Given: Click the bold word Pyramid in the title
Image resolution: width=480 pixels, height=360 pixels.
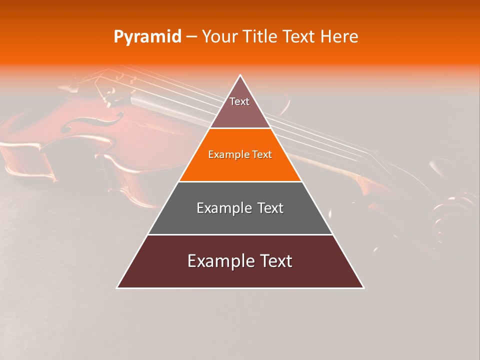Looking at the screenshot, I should coord(147,37).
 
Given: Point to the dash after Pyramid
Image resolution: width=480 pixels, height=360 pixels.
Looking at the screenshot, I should coord(191,37).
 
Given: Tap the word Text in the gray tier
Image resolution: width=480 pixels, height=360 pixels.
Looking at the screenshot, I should coord(268,208).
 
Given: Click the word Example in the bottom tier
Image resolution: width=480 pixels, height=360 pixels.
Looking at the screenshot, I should coord(220,261).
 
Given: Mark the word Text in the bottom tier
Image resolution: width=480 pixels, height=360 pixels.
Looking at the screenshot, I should coord(274,261).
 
